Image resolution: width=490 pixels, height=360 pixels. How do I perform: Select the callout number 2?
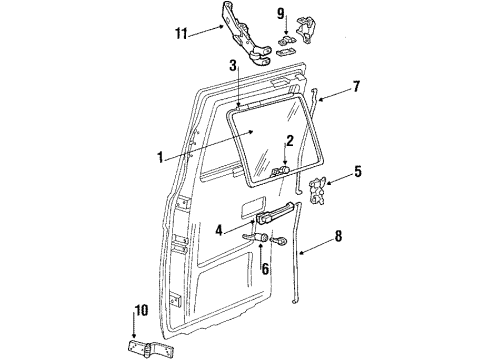pyautogui.click(x=288, y=141)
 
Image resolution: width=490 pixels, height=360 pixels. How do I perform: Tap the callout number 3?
pyautogui.click(x=233, y=66)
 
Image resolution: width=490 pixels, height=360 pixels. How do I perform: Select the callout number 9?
pyautogui.click(x=281, y=15)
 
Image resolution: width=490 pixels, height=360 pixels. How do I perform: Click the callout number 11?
pyautogui.click(x=180, y=32)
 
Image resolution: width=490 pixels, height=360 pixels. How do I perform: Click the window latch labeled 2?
pyautogui.click(x=283, y=172)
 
